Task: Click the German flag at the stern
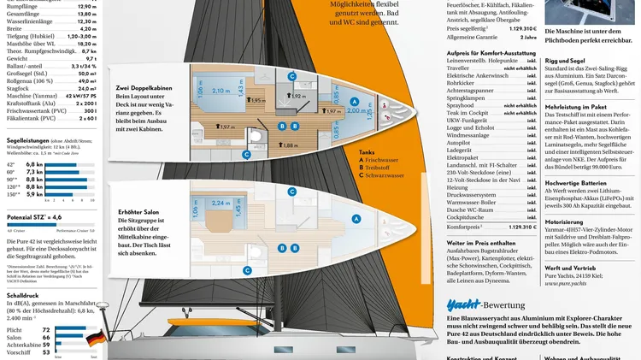point(94,339)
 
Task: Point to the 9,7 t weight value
point(90,57)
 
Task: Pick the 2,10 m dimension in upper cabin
point(220,90)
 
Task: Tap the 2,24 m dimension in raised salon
point(220,204)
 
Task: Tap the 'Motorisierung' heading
point(570,221)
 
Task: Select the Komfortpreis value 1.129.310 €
point(517,227)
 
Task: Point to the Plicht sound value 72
point(46,329)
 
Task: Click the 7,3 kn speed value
point(34,172)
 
